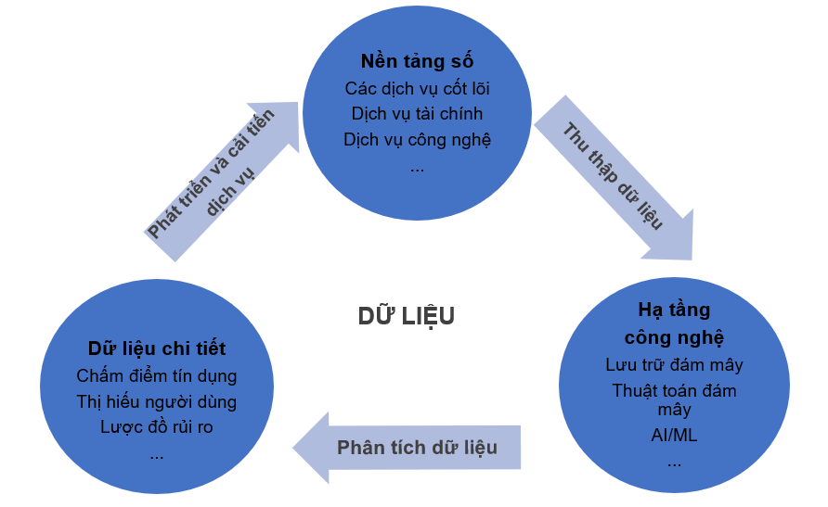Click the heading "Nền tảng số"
tap(417, 62)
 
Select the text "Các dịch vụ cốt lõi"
tap(417, 89)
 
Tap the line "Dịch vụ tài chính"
tap(417, 114)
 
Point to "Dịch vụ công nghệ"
tap(417, 140)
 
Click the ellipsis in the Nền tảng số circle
tap(417, 168)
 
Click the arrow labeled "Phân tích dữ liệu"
tap(417, 448)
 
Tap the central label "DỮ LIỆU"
tap(407, 316)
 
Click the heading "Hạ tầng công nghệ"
tap(674, 323)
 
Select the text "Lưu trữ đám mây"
tap(674, 364)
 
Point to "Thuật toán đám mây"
tap(674, 399)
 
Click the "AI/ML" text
tap(674, 435)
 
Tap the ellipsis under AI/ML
tap(674, 461)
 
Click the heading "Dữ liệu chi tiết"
tap(157, 349)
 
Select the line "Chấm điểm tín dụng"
tap(157, 376)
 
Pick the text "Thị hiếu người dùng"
tap(157, 401)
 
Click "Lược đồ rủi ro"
tap(157, 427)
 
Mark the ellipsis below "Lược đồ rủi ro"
tap(157, 454)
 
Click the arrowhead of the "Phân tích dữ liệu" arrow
tap(312, 448)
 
